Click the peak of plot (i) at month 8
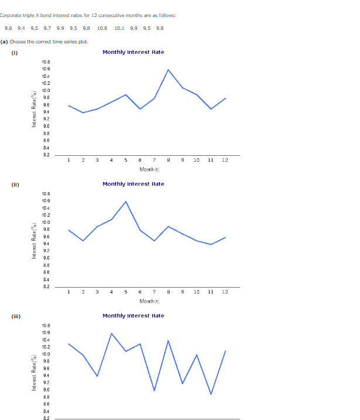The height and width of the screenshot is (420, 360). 169,70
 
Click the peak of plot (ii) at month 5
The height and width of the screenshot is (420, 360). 126,202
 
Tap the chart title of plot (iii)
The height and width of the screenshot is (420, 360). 133,316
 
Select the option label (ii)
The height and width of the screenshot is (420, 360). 15,185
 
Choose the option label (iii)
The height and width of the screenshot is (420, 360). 16,316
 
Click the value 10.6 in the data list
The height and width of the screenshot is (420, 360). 102,28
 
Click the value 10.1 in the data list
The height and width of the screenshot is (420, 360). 119,28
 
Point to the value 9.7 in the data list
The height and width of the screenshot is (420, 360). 47,28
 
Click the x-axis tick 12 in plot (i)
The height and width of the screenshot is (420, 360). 225,160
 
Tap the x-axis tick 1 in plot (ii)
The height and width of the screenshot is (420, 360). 68,292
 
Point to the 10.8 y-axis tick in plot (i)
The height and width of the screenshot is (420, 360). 46,62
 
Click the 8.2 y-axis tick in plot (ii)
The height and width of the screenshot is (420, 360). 46,287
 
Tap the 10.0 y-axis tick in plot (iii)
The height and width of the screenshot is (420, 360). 46,354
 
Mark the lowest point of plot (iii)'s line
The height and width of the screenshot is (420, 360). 211,394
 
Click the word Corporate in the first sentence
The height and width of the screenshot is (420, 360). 10,15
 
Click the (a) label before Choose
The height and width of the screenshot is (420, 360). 4,42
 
